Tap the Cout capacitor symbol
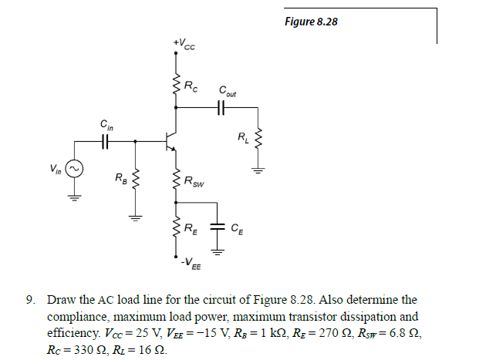[x=223, y=109]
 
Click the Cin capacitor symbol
[x=105, y=140]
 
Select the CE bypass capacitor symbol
[x=218, y=227]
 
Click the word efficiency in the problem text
[x=74, y=332]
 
